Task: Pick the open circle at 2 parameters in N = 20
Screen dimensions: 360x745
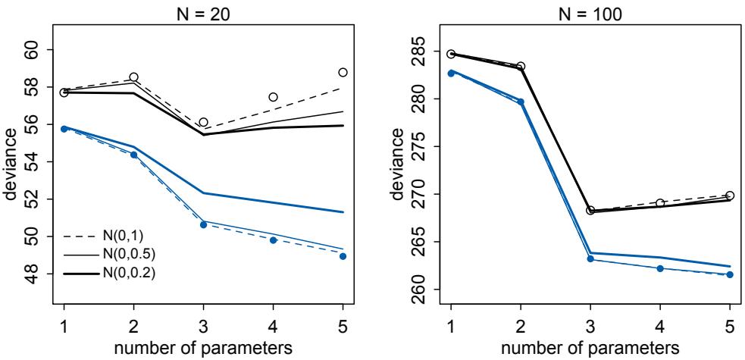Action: point(134,77)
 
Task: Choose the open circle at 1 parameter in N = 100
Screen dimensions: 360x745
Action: point(451,55)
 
